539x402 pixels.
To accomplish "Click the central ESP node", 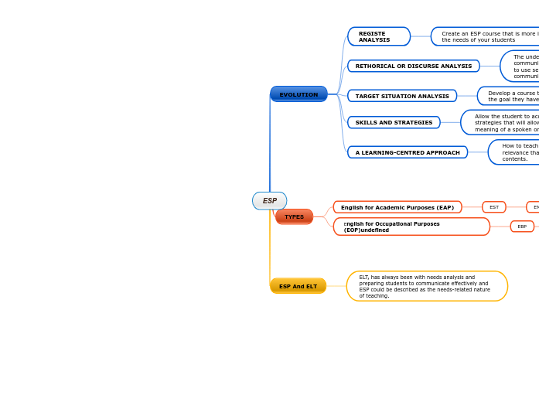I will (269, 201).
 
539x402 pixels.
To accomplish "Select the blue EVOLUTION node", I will (298, 94).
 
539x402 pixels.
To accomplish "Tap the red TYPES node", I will (294, 216).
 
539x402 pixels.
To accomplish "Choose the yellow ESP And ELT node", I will (298, 286).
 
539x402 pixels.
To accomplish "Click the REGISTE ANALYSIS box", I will (378, 36).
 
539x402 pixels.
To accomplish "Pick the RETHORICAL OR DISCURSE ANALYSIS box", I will (413, 66).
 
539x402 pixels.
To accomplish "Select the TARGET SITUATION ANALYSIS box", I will (401, 96).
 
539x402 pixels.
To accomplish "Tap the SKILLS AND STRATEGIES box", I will (394, 122).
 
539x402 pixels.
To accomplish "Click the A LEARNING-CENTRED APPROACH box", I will (407, 152).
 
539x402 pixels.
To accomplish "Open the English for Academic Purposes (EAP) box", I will (397, 207).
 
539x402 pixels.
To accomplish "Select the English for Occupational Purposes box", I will (411, 227).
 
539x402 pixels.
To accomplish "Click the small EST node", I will (493, 207).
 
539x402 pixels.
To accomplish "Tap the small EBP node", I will (522, 227).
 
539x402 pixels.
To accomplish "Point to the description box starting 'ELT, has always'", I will (426, 286).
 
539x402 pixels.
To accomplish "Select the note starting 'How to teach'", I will (514, 152).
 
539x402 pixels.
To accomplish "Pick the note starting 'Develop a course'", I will (509, 96).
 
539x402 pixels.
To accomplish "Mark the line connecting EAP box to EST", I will (472, 207).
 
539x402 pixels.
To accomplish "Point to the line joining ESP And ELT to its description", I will (336, 286).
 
